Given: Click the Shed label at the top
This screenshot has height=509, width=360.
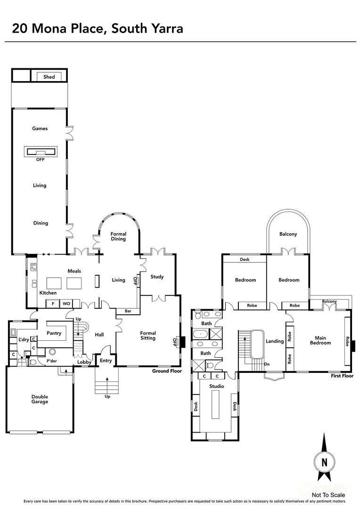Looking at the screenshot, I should [49, 77].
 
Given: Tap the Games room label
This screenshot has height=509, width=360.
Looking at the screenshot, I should [40, 129].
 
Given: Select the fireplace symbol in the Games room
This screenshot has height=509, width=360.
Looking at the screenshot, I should [40, 152].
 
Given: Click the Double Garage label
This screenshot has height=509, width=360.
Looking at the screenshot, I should [40, 399].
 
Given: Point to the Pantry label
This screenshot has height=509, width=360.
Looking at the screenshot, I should [54, 333].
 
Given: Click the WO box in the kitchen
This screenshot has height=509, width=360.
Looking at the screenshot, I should [66, 304].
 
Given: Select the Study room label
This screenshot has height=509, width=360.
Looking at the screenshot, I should [157, 277].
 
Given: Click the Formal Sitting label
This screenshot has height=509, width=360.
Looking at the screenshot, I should [148, 336].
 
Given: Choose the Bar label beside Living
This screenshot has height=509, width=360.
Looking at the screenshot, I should [128, 311].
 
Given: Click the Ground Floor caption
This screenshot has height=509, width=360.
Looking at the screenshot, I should [167, 371].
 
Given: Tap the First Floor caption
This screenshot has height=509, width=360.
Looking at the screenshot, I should [342, 376].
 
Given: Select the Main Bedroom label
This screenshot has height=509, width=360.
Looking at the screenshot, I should [320, 340].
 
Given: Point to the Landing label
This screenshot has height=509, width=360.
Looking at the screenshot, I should [275, 341].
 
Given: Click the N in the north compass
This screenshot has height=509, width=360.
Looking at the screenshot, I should [324, 462].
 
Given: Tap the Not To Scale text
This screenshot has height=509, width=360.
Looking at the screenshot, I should [328, 495].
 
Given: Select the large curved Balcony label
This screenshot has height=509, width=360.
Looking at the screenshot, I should [288, 234].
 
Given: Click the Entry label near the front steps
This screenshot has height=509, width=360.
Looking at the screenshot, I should [106, 361].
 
